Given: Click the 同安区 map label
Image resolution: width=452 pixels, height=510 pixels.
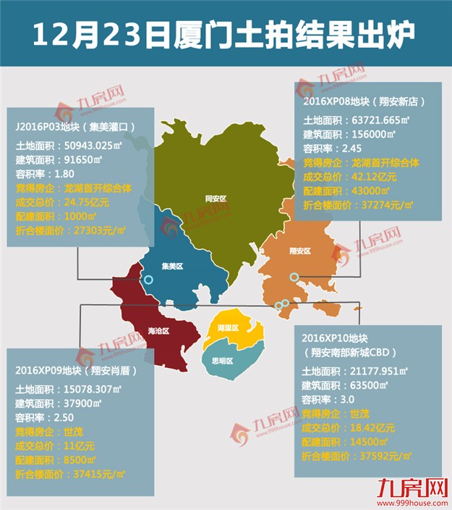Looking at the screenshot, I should pos(216,197).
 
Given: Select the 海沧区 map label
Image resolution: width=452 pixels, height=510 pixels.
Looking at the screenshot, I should pos(158,331).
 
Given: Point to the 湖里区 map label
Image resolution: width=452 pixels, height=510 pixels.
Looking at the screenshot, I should pos(231,327).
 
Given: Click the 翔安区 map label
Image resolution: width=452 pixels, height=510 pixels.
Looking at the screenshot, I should pos(299,251).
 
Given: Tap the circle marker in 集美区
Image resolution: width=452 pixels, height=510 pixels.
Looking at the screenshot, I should pos(148,280).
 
